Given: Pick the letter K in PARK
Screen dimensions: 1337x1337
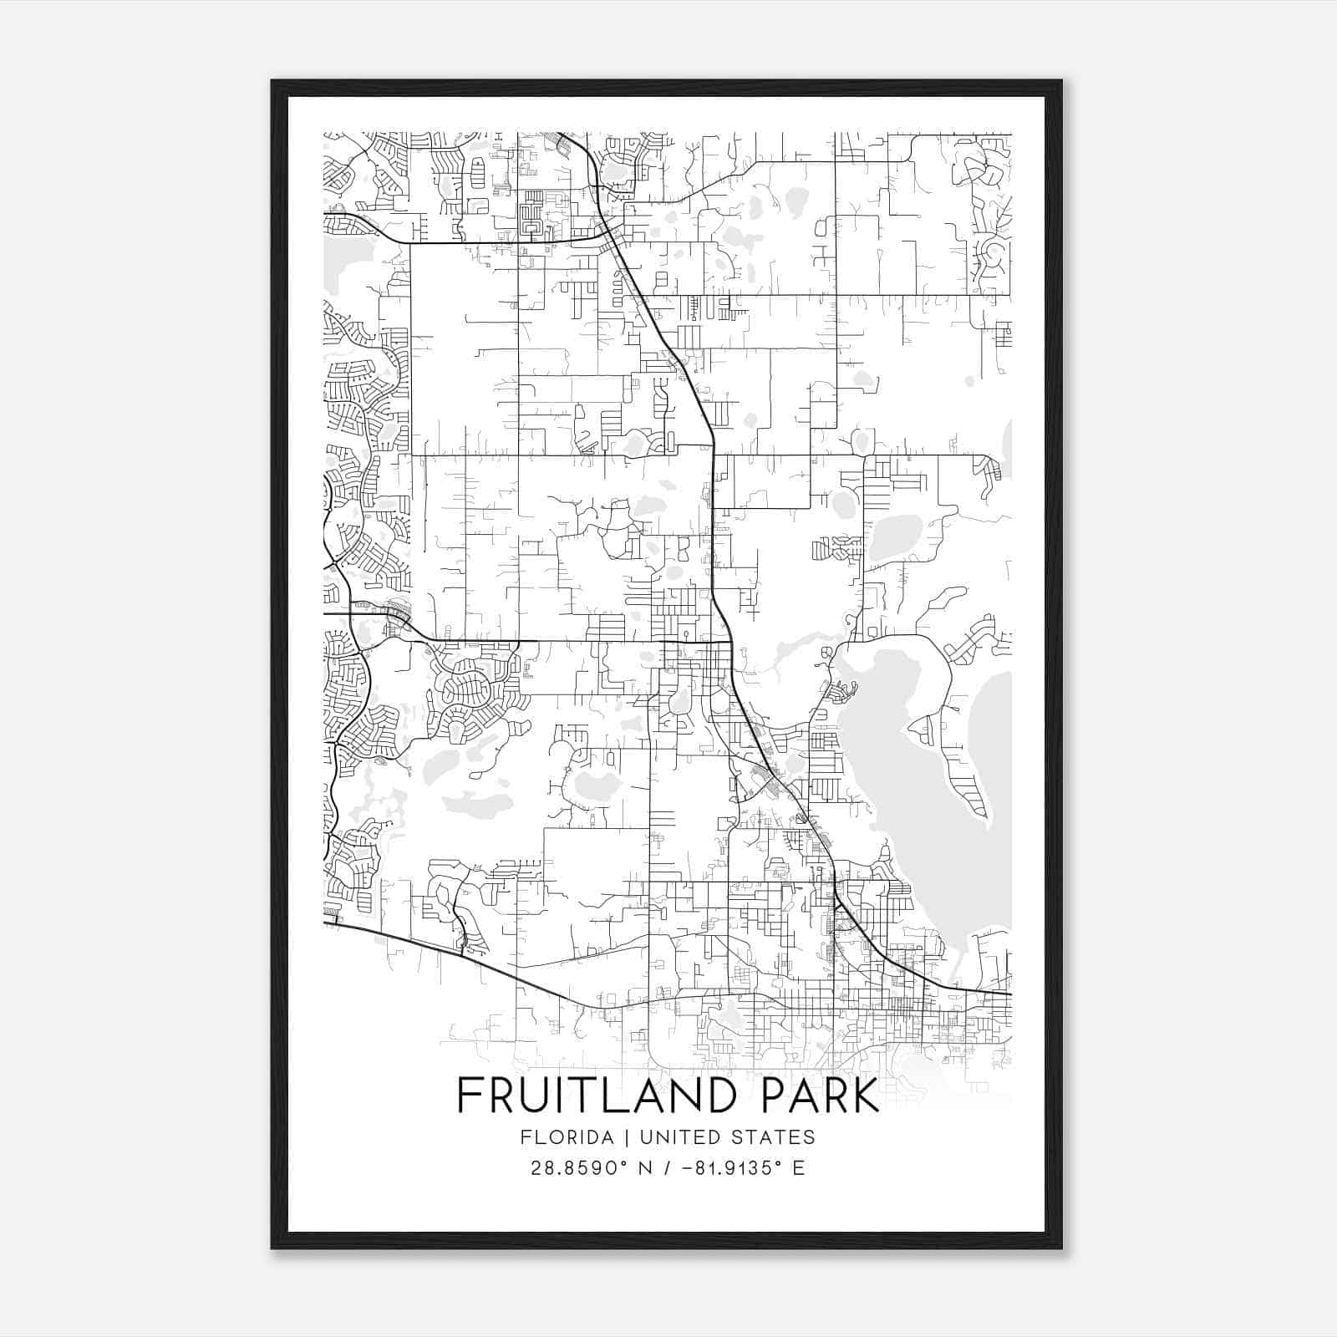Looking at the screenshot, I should (x=866, y=1096).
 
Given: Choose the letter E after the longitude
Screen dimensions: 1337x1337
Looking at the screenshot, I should (x=799, y=1168).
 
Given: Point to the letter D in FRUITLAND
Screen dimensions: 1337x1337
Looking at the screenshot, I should (x=740, y=1096).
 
